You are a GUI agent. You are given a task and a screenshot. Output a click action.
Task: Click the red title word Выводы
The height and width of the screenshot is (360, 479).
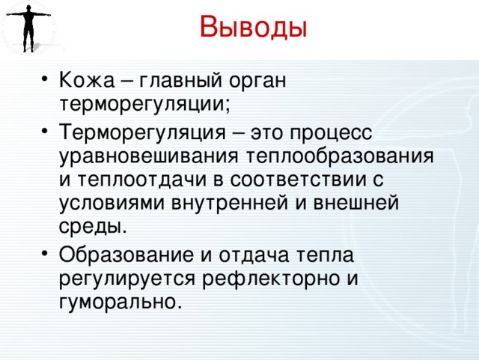pyautogui.click(x=253, y=28)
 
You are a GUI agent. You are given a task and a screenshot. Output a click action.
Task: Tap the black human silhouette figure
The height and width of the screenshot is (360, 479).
pyautogui.click(x=28, y=28)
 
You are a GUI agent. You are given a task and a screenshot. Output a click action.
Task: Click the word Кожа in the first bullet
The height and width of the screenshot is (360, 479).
pyautogui.click(x=87, y=80)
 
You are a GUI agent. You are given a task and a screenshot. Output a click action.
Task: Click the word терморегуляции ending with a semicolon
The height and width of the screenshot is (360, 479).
pyautogui.click(x=144, y=105)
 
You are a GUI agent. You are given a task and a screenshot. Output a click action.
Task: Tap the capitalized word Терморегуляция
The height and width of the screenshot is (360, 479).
pyautogui.click(x=142, y=132)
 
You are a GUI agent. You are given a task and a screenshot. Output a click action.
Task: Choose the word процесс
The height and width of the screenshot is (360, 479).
pyautogui.click(x=331, y=133)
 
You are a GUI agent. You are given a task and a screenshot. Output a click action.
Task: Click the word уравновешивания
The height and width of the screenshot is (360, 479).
pyautogui.click(x=148, y=156)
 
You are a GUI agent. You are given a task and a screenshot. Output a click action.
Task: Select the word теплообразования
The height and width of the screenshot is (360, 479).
pyautogui.click(x=340, y=156)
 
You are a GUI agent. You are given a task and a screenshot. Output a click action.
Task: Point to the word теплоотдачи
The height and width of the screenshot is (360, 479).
pyautogui.click(x=141, y=180)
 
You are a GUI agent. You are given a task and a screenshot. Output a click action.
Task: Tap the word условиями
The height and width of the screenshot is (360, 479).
pyautogui.click(x=112, y=203)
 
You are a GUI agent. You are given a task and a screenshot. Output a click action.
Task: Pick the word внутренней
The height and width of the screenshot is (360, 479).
pyautogui.click(x=230, y=202)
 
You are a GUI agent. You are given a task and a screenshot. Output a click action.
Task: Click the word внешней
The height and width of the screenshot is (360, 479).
pyautogui.click(x=356, y=202)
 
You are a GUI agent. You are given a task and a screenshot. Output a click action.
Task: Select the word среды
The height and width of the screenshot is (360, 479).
pyautogui.click(x=93, y=225)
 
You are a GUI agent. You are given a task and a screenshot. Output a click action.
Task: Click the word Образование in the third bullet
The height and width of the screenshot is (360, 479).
pyautogui.click(x=126, y=254)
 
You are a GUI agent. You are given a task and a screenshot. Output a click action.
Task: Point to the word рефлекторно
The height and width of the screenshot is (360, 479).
pyautogui.click(x=271, y=278)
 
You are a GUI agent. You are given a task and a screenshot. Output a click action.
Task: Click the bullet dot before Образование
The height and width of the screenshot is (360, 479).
pyautogui.click(x=45, y=253)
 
